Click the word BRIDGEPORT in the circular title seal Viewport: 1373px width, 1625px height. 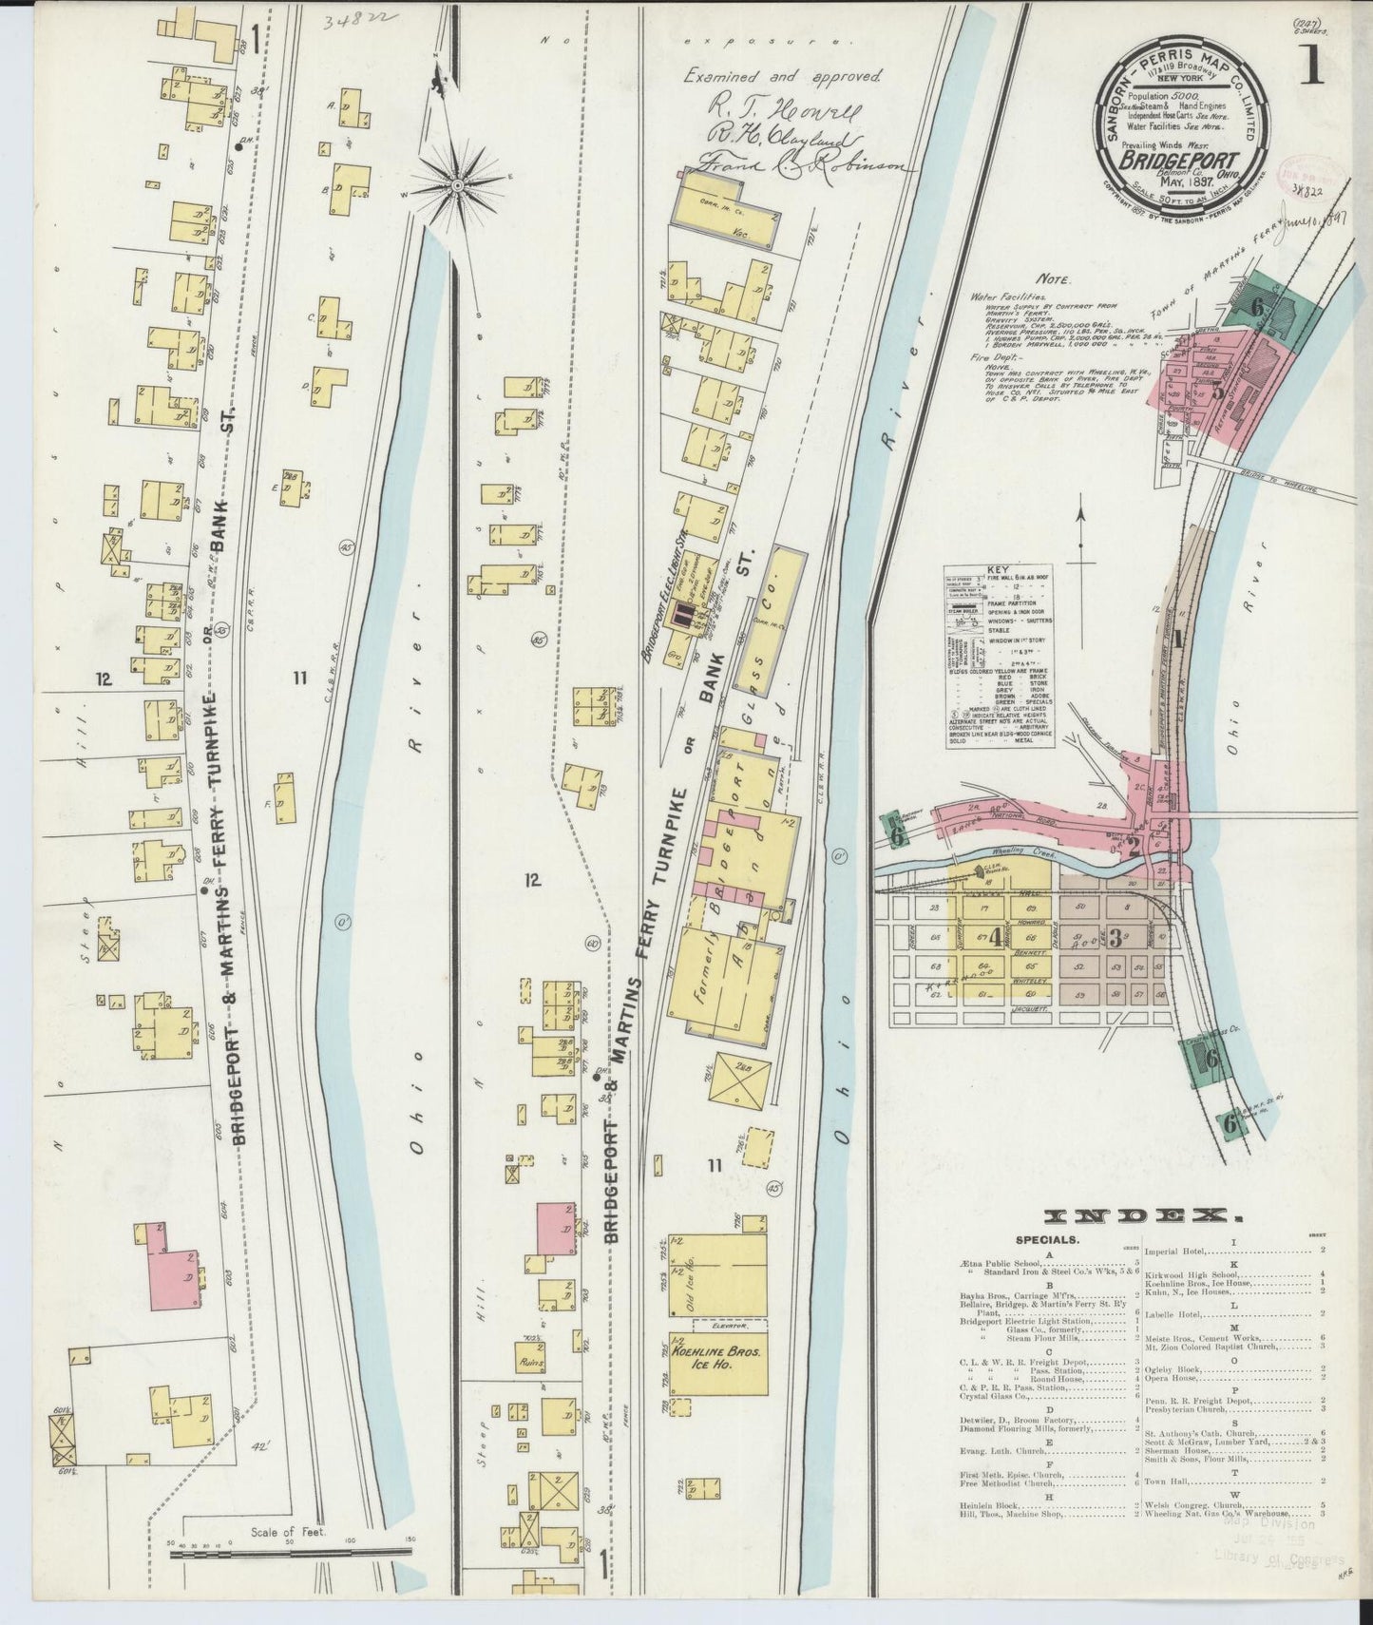pos(1175,161)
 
